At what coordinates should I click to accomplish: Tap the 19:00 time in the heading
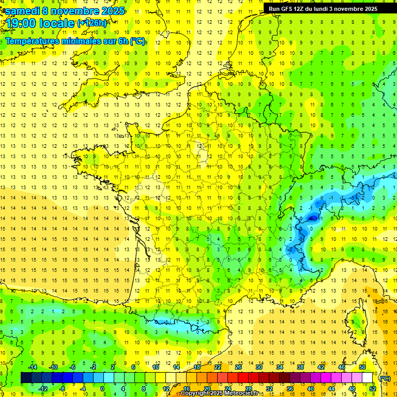(x=20, y=23)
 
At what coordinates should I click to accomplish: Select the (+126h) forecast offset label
(x=92, y=23)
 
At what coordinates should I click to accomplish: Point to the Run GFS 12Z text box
(x=323, y=8)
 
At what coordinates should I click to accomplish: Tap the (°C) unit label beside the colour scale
(x=385, y=378)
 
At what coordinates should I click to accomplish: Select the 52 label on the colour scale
(x=373, y=389)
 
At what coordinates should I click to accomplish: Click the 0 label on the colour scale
(x=102, y=389)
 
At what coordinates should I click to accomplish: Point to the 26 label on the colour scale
(x=238, y=367)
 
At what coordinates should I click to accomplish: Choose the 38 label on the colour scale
(x=300, y=367)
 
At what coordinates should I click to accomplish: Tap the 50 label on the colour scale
(x=362, y=367)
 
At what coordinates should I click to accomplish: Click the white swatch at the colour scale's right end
(x=368, y=378)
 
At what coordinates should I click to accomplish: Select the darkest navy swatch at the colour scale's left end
(x=26, y=378)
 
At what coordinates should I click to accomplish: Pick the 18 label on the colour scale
(x=197, y=367)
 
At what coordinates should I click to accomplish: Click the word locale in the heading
(x=58, y=23)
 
